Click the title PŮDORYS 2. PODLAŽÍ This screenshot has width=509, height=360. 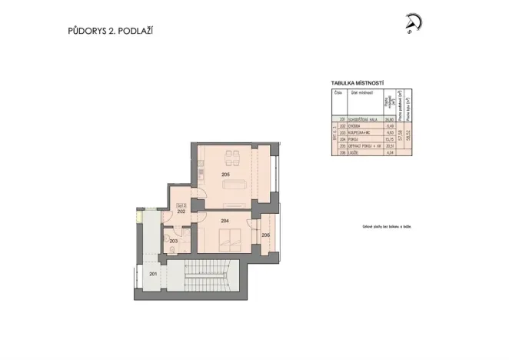[114, 32]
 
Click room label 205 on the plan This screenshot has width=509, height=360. [225, 175]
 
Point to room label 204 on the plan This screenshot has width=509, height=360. [225, 221]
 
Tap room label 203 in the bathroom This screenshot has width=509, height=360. [174, 242]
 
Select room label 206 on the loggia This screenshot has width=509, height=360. [265, 235]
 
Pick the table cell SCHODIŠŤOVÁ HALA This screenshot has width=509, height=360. [364, 119]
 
